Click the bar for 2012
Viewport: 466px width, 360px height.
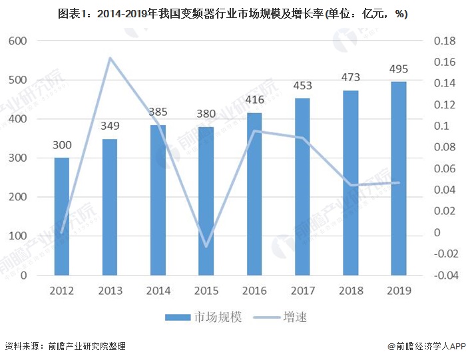point(61,216)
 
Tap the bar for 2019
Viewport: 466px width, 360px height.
point(398,178)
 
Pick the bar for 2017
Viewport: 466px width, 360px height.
point(302,186)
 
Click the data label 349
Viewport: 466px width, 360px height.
point(110,126)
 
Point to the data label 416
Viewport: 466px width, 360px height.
point(254,100)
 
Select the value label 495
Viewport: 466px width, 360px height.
point(398,69)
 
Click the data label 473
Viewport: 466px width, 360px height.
point(350,78)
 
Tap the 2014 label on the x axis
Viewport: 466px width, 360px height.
point(158,291)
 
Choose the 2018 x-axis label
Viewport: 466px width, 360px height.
point(350,291)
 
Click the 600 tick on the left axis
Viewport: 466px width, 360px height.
point(17,41)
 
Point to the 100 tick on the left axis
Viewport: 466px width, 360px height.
point(17,236)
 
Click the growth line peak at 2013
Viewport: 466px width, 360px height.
point(110,58)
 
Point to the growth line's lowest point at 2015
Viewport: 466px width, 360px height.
point(206,246)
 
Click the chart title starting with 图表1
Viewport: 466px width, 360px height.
point(233,14)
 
